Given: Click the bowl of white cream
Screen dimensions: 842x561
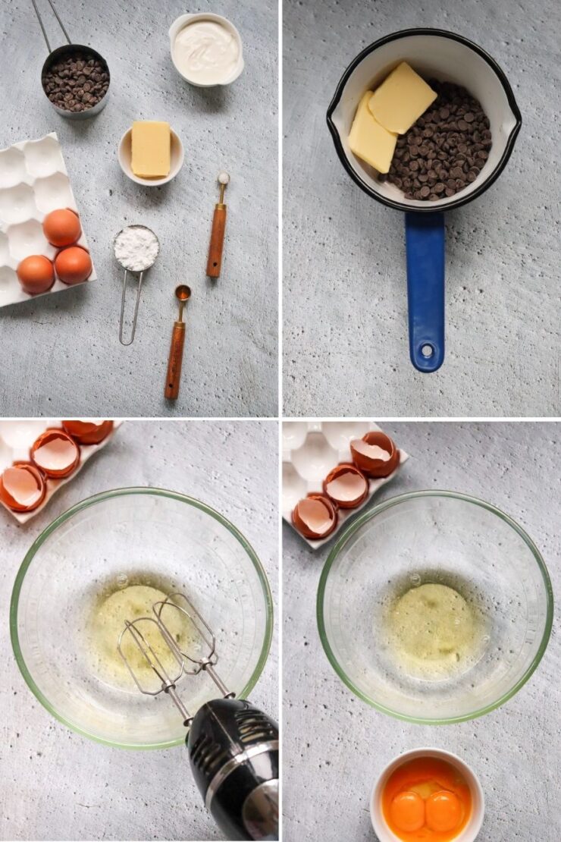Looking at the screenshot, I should click(x=206, y=49).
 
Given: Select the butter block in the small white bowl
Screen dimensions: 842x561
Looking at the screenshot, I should click(x=151, y=149).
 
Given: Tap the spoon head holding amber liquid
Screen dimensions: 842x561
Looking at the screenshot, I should click(x=183, y=293).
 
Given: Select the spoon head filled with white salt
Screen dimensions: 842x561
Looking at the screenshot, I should click(x=224, y=178).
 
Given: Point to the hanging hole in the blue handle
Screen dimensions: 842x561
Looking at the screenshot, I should click(x=428, y=350).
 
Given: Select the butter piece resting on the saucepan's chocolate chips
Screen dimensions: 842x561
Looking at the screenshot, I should click(x=402, y=98).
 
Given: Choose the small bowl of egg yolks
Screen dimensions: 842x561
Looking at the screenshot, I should click(x=427, y=796).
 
